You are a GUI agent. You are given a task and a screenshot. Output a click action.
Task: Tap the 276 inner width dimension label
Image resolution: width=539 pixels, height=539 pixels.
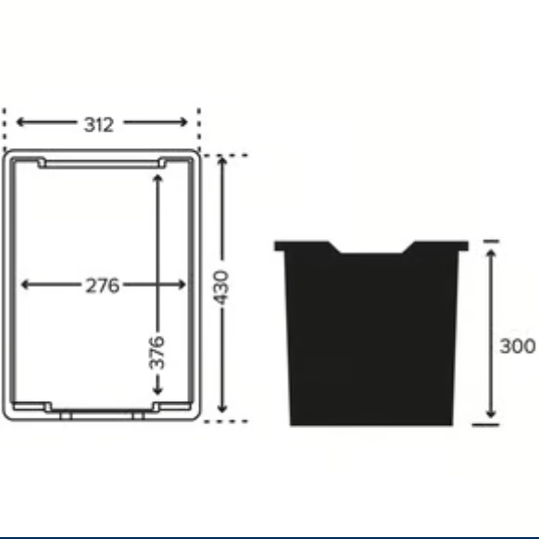click(x=102, y=285)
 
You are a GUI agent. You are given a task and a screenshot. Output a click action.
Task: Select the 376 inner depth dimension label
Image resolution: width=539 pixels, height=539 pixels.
click(x=157, y=353)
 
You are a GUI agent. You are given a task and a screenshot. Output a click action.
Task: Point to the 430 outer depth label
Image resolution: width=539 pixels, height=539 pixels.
click(x=222, y=289)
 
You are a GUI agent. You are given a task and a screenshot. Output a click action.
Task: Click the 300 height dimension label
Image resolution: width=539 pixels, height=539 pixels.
click(x=517, y=346)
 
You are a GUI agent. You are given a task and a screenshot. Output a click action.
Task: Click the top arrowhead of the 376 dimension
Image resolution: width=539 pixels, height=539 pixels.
click(x=157, y=175)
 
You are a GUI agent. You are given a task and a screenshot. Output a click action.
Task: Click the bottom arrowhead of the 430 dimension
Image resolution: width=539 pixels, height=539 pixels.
click(x=222, y=409)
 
